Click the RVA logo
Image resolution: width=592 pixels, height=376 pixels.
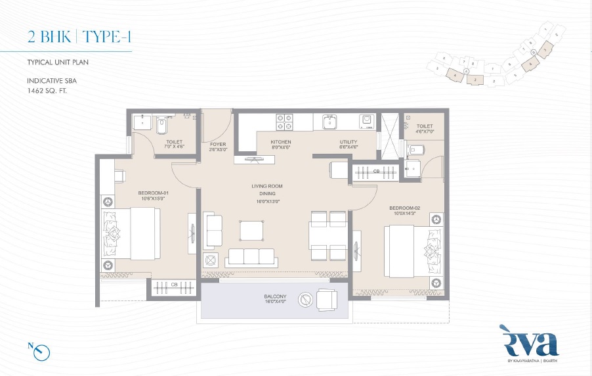(529, 344)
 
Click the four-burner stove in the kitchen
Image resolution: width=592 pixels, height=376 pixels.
(284, 122)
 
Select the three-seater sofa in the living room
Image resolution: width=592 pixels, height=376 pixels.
(249, 257)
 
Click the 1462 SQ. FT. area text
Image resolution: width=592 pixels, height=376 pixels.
(47, 90)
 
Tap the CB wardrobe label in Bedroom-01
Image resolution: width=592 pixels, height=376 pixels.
(175, 285)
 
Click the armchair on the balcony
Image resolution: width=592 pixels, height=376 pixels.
(327, 300)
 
